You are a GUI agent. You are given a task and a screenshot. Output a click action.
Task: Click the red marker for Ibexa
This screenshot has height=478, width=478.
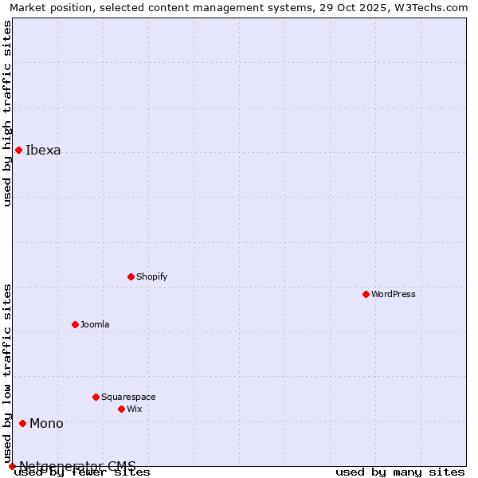coord(18,150)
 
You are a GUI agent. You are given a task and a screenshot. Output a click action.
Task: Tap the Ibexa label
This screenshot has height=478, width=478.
coord(43,151)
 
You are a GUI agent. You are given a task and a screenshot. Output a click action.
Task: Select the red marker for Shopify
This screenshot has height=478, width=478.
coord(131,276)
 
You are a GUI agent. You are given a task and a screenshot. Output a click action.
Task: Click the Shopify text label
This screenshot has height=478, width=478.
coord(151,277)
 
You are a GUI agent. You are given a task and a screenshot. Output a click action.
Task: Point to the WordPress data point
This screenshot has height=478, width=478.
coord(366,294)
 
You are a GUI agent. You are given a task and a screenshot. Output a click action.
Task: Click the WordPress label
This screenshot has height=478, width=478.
coord(394,295)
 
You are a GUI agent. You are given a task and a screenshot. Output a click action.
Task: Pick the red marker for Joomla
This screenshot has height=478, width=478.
coord(75,324)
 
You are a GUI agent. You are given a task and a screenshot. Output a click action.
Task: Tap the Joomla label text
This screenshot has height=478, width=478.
coord(95,325)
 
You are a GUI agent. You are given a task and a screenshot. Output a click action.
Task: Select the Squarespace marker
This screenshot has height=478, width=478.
coord(96,397)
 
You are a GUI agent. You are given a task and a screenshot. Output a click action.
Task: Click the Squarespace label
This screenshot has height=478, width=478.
coord(128,398)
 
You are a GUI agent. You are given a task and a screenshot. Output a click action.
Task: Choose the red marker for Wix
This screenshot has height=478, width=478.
coord(121,409)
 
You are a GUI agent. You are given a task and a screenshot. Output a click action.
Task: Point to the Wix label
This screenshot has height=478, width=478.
coord(135,409)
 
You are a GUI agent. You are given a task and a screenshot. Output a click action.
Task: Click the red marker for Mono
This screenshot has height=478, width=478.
coord(22,423)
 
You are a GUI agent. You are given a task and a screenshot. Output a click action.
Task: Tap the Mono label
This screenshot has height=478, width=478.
coord(46,424)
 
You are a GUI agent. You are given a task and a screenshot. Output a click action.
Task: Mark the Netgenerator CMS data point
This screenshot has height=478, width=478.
coord(12,466)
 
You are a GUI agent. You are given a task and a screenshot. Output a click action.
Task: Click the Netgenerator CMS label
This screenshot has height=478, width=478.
coord(77,466)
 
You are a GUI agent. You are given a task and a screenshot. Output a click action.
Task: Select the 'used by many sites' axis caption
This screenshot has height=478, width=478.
coord(400,472)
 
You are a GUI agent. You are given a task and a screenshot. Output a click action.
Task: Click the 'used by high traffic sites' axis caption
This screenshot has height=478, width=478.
coord(8,113)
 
